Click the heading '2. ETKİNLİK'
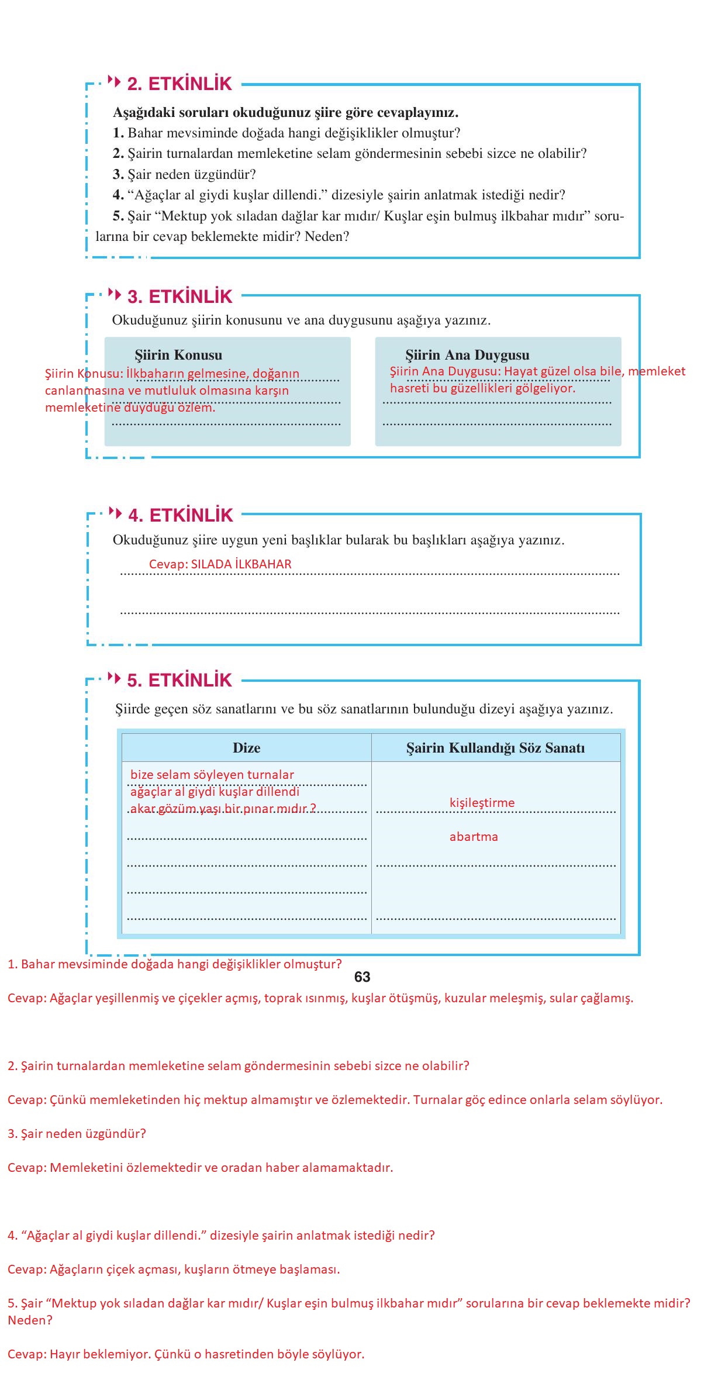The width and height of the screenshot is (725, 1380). (x=179, y=84)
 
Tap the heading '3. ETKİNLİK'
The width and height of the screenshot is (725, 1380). (x=179, y=296)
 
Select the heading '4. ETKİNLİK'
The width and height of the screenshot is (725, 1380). (x=180, y=515)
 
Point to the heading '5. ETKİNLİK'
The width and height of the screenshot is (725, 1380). (x=179, y=680)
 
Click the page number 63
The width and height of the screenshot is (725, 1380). (x=362, y=977)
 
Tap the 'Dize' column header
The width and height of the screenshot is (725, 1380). (x=246, y=748)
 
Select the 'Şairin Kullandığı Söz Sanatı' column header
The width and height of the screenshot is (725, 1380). (x=495, y=748)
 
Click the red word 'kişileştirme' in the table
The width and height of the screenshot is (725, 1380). (x=482, y=803)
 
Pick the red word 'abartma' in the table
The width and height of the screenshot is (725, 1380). (x=474, y=837)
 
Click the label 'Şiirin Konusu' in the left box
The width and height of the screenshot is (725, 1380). (x=178, y=355)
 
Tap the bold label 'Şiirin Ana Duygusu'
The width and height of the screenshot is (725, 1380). (x=467, y=355)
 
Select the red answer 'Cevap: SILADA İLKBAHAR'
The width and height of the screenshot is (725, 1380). (x=220, y=564)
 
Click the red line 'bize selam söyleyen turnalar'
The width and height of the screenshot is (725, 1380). (x=212, y=775)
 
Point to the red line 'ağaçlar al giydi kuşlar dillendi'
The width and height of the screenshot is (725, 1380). (x=215, y=792)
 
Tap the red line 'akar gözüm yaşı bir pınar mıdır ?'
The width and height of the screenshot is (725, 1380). (x=223, y=809)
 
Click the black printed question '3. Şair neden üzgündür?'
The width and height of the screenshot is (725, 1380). (x=184, y=174)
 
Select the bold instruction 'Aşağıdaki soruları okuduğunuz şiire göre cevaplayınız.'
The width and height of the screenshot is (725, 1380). (x=285, y=112)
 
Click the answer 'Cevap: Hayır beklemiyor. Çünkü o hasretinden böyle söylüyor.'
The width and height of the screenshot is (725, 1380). (x=186, y=1354)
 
